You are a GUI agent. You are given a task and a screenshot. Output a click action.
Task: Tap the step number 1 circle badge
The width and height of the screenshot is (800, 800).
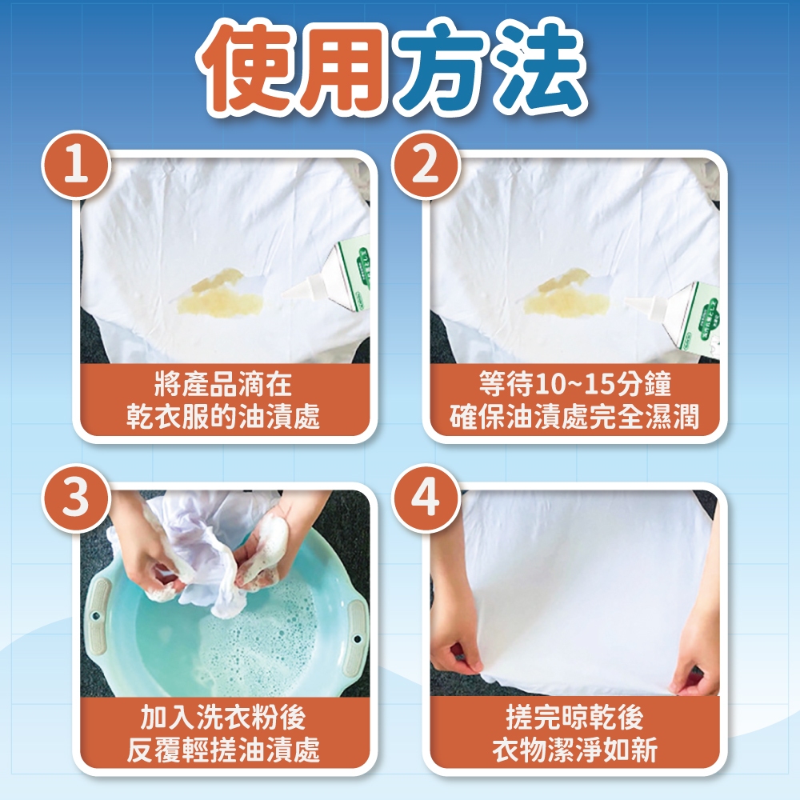[76, 166]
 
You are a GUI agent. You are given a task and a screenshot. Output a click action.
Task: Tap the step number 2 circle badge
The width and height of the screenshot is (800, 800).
[425, 166]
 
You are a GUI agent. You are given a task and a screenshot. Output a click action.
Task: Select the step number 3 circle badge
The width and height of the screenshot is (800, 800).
[76, 498]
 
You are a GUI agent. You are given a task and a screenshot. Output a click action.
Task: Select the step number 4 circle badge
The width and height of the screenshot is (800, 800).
[425, 498]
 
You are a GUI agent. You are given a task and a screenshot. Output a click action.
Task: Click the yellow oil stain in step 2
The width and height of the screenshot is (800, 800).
[567, 294]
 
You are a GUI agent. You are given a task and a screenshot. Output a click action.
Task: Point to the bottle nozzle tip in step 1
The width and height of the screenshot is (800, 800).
[283, 294]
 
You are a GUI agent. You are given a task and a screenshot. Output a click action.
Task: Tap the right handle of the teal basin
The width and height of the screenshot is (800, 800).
[356, 638]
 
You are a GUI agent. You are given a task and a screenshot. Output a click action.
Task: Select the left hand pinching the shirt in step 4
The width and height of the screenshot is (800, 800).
[457, 638]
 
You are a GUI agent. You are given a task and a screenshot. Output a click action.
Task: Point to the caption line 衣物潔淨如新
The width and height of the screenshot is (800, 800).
[574, 750]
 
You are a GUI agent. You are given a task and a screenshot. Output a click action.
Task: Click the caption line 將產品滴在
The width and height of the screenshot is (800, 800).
[223, 384]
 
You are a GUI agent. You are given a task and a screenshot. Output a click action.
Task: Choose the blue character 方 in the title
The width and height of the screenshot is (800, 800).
[443, 67]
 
